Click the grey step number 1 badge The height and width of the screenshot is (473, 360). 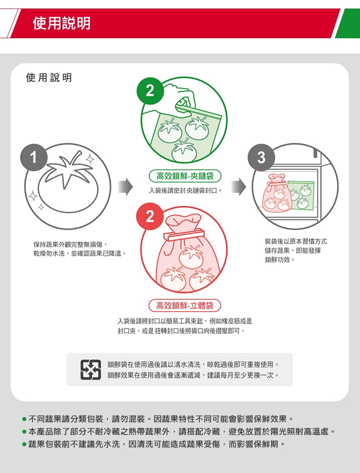point(34,157)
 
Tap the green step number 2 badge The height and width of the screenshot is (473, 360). point(150,90)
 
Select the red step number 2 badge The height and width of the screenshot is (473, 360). point(150,216)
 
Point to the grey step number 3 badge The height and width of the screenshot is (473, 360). point(261,157)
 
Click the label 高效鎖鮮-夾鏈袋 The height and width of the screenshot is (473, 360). point(185,176)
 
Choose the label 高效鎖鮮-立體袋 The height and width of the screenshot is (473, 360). point(185,306)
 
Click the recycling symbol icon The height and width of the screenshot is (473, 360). point(90,370)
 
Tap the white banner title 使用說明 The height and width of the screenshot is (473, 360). point(62,23)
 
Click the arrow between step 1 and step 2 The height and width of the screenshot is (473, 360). point(125,187)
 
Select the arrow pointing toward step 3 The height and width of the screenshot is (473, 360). point(238,187)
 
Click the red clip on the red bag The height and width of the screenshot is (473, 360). point(184,235)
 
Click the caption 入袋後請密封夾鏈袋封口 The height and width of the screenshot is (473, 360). point(184,191)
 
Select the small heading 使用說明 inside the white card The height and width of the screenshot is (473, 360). point(49,77)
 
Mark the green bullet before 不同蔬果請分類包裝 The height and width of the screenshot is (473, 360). point(24,419)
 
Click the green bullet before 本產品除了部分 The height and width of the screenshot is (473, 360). point(24,432)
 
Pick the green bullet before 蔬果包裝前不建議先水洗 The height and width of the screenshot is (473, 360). point(24,444)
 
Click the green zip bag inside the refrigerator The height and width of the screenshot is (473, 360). point(301,195)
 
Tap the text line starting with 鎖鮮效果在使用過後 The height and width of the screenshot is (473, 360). point(193,375)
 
